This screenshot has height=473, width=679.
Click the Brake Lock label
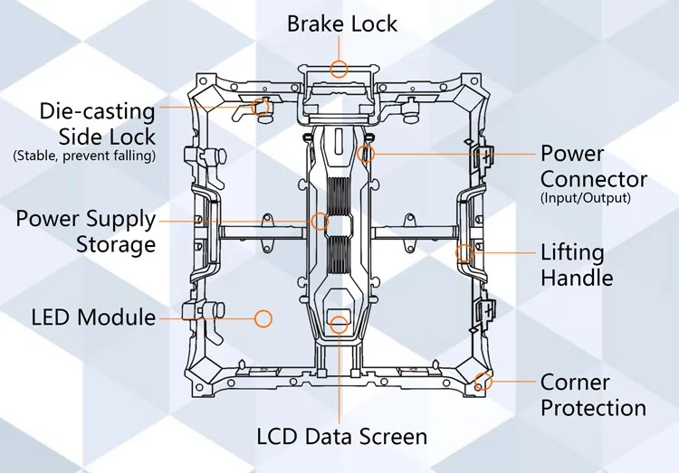(x=342, y=23)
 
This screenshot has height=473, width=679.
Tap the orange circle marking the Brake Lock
(x=339, y=68)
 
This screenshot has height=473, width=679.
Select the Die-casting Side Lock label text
(x=97, y=124)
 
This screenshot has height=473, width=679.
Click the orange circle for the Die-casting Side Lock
(x=264, y=108)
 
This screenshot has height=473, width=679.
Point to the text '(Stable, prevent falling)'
(x=84, y=156)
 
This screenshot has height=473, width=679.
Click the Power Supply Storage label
(x=85, y=232)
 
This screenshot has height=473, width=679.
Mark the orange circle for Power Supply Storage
(x=320, y=220)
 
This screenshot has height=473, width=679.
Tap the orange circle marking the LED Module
(x=263, y=317)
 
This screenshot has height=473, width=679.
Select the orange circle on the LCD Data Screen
(x=339, y=321)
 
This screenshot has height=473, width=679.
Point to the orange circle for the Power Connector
(x=367, y=153)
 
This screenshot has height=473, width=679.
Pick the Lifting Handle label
(x=577, y=264)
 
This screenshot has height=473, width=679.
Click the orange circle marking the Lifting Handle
(x=464, y=252)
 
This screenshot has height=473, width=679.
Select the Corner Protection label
(x=593, y=395)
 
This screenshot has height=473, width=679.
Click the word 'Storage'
(x=116, y=244)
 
